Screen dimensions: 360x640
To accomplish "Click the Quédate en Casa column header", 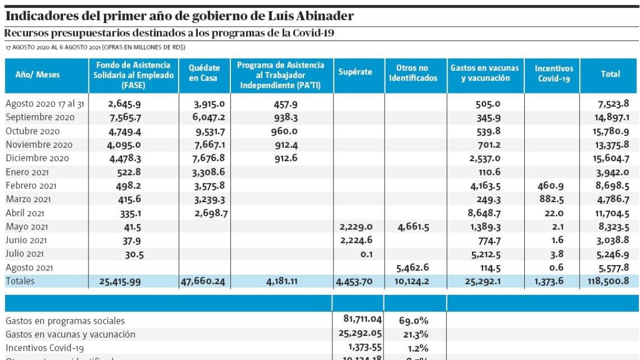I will click(204, 73).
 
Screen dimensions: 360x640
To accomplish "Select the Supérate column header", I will click(355, 72).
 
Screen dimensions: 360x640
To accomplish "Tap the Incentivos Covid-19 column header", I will click(554, 73).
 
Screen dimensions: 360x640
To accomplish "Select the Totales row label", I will click(20, 281).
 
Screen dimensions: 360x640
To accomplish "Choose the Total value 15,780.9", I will click(611, 131).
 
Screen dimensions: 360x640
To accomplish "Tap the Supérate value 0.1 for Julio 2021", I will click(366, 254).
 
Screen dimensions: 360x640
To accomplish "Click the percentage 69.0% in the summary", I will click(413, 321).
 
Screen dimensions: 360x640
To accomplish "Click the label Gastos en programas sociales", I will click(65, 321).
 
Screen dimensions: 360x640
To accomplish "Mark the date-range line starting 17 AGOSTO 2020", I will click(95, 47).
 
